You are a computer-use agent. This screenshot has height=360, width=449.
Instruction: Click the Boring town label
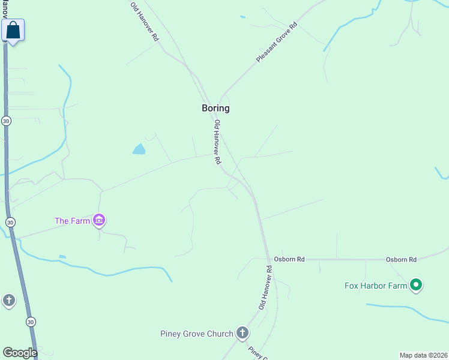[215, 109]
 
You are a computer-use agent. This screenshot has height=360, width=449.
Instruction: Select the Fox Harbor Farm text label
[376, 286]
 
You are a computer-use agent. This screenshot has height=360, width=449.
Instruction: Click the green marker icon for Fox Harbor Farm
[416, 285]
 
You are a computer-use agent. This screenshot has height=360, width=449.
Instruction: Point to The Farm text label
[72, 221]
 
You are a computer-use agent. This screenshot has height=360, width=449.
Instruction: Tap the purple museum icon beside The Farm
[100, 221]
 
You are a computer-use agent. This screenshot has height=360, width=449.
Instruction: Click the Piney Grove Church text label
[196, 334]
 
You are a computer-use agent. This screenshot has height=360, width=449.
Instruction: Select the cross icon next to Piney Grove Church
[242, 332]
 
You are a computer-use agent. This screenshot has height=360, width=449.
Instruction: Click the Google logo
[19, 353]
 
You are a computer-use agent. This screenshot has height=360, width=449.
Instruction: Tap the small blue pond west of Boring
[139, 149]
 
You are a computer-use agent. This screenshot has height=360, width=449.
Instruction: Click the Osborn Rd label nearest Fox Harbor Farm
[402, 259]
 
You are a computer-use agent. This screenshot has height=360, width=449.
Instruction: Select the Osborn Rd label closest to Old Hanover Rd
[289, 259]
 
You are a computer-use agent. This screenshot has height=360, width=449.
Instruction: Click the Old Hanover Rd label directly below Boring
[218, 142]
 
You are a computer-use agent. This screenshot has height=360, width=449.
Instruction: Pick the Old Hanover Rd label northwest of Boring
[145, 21]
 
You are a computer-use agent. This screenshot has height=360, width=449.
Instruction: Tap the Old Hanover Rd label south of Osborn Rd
[266, 288]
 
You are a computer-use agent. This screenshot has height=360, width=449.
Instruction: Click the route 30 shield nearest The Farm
[10, 223]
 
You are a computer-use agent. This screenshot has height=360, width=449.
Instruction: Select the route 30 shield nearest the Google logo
[30, 322]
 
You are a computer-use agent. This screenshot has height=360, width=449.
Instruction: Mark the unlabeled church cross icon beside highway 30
[8, 299]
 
